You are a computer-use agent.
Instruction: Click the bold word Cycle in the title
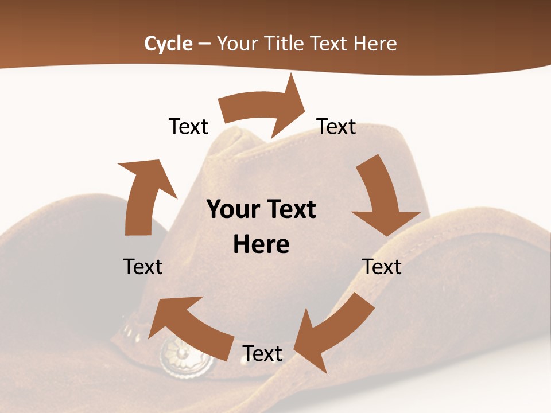pos(168,44)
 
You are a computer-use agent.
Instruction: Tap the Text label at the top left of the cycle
pos(188,126)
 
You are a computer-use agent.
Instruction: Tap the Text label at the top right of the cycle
pos(336,126)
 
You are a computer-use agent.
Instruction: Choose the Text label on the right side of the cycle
pos(382,267)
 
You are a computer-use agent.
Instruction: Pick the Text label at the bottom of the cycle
pos(262,353)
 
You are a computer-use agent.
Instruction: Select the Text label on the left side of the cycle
pos(143,267)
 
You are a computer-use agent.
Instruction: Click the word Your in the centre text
pos(229,210)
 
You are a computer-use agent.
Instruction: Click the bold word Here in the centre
pos(261,245)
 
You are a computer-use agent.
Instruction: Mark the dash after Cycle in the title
pos(204,44)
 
